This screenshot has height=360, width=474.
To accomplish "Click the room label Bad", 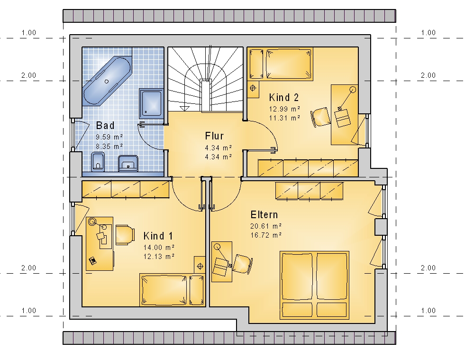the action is [105, 125].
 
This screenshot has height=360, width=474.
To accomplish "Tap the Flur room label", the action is [214, 136].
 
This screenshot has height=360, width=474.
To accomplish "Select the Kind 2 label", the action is [284, 97].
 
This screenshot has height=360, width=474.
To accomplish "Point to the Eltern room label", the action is [264, 214].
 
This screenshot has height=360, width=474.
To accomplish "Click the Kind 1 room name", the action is [158, 236].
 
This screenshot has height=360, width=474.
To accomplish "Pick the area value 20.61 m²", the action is [266, 226].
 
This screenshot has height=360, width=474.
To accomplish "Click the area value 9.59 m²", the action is [109, 137].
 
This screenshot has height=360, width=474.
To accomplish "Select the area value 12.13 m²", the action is [159, 257].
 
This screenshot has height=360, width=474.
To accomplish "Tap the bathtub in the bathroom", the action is [107, 81].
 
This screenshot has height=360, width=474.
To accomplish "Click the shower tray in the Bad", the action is [151, 103].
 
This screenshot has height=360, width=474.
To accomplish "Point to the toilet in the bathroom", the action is [98, 162].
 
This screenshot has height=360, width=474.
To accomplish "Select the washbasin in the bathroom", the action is [128, 163].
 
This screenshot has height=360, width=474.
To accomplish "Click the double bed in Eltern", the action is [314, 285].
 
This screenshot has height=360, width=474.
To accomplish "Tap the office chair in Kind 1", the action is [125, 234].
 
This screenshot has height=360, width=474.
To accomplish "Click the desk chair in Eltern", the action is [243, 264].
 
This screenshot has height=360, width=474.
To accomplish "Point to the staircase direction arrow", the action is [184, 108].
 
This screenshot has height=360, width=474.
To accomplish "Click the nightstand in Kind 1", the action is [200, 265].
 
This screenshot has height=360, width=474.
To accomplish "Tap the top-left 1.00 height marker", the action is [29, 32].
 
